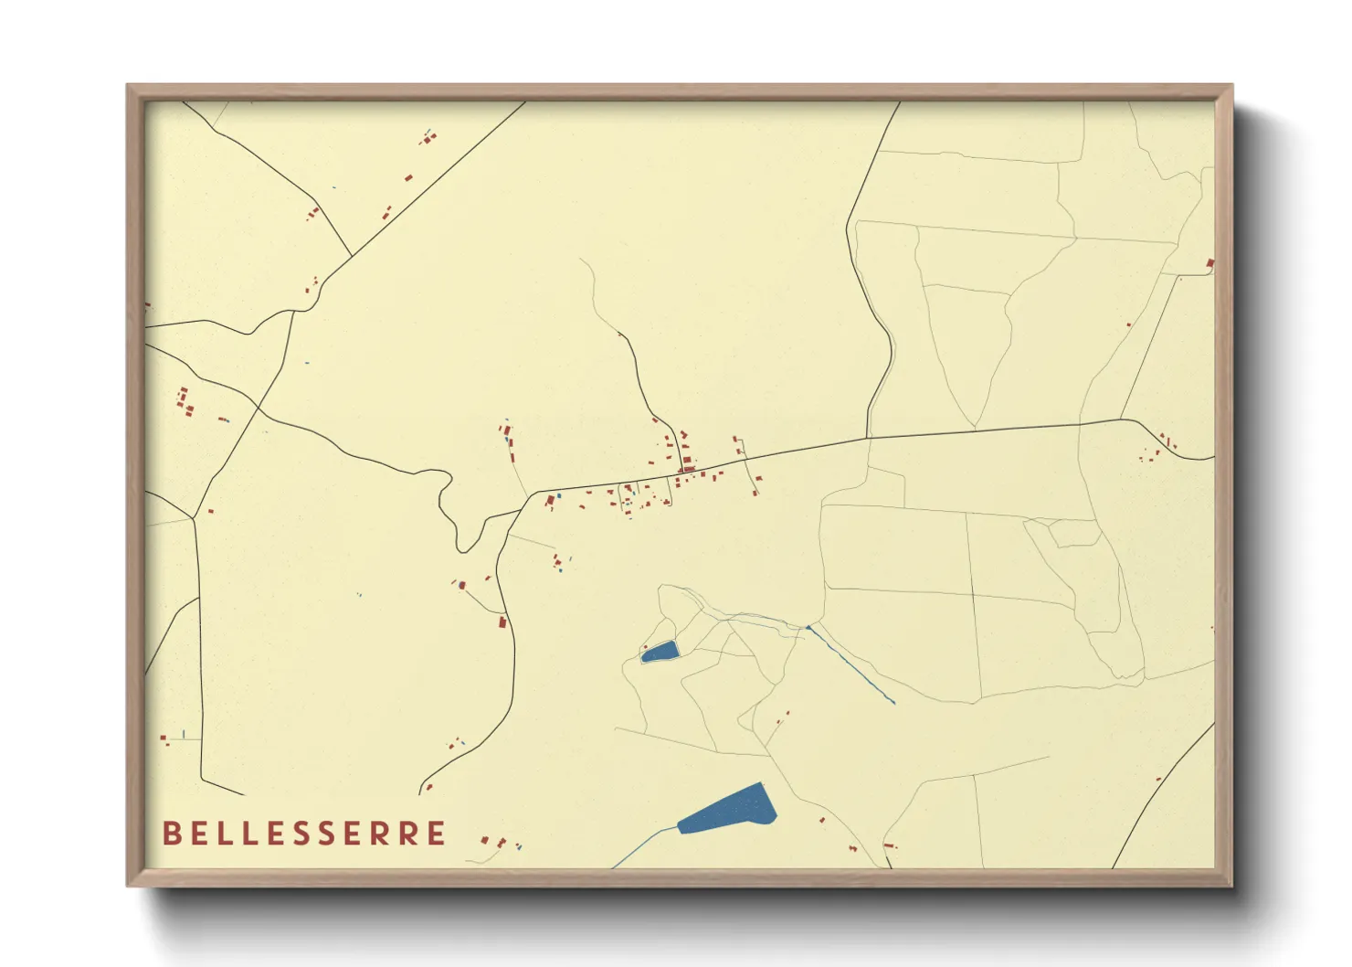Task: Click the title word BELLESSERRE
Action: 304,834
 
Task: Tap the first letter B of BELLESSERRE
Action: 171,834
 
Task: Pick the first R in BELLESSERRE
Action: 374,834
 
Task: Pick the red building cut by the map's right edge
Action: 1210,264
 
